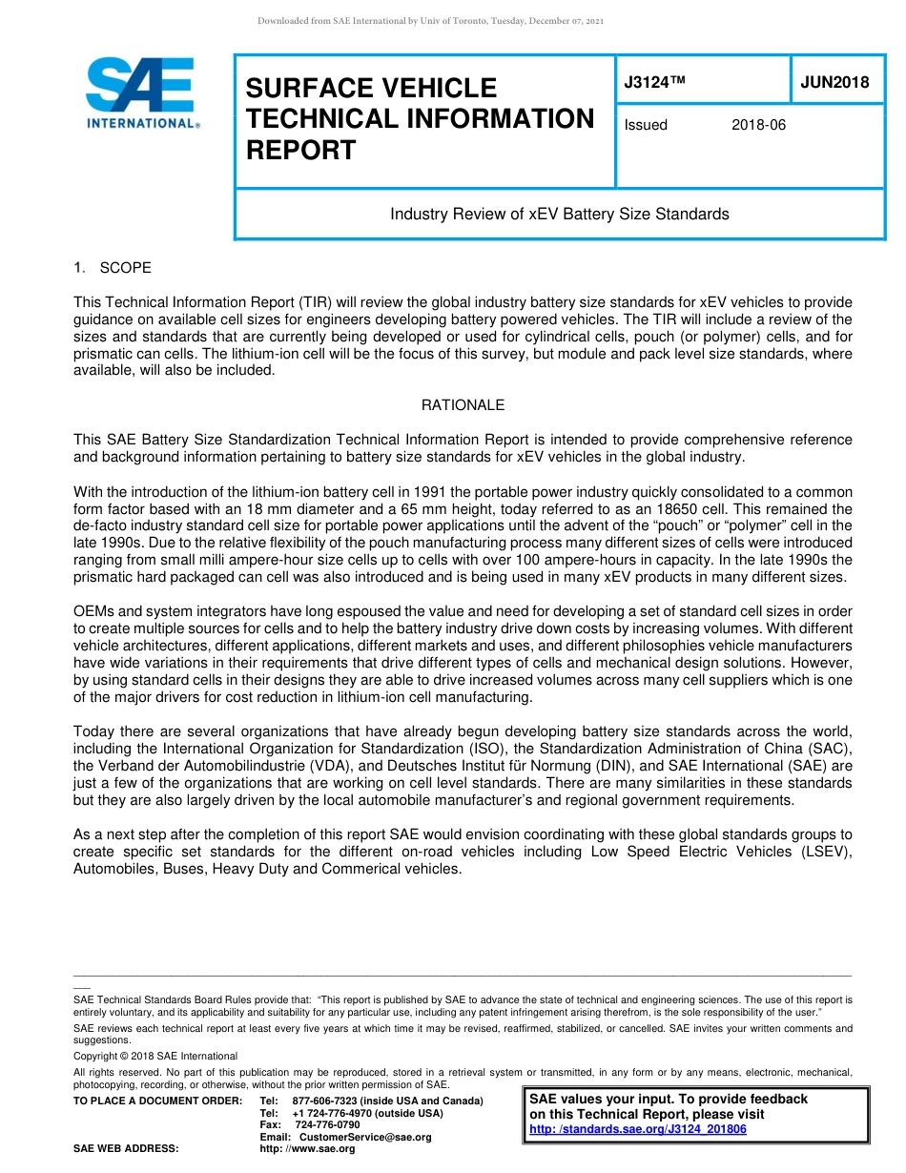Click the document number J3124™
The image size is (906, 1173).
[x=654, y=82]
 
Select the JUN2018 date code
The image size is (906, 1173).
[x=834, y=82]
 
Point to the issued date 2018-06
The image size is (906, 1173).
[x=758, y=125]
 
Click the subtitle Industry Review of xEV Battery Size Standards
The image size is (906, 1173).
[x=559, y=214]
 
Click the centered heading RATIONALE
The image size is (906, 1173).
[x=463, y=405]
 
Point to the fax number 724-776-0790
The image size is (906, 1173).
[x=327, y=1125]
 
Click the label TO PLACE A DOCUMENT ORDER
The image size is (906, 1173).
[x=157, y=1101]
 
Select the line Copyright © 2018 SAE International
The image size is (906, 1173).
[x=155, y=1057]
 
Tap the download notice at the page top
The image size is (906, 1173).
[x=430, y=20]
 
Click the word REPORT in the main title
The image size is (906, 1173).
[x=300, y=150]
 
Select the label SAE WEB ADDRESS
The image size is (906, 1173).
[x=126, y=1149]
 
